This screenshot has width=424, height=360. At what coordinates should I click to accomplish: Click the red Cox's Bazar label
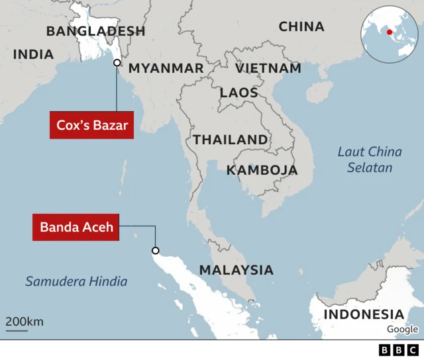91,126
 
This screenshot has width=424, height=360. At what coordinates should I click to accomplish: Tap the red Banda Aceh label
76,227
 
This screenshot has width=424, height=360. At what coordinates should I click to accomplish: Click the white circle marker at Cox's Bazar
117,63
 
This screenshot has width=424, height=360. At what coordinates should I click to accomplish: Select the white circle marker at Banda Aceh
156,251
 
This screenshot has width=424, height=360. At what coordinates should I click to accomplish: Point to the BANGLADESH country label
96,31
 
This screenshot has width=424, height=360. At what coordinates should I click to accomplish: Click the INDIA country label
33,55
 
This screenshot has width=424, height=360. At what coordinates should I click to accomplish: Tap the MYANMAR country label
166,68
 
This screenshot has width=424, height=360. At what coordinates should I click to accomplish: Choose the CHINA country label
301,27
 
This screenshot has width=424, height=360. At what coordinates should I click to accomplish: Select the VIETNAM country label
268,68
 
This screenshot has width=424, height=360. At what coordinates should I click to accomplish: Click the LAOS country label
238,93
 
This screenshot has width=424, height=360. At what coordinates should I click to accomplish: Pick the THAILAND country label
230,140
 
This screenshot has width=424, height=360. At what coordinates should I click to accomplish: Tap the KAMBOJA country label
262,170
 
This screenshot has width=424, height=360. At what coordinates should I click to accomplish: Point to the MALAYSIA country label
236,270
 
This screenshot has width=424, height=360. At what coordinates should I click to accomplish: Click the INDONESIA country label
363,314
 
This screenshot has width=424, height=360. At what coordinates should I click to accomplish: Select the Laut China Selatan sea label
370,159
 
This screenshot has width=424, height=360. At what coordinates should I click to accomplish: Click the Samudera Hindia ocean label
76,281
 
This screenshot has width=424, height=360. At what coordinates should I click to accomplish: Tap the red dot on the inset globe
390,31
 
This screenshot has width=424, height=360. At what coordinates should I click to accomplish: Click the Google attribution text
403,330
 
